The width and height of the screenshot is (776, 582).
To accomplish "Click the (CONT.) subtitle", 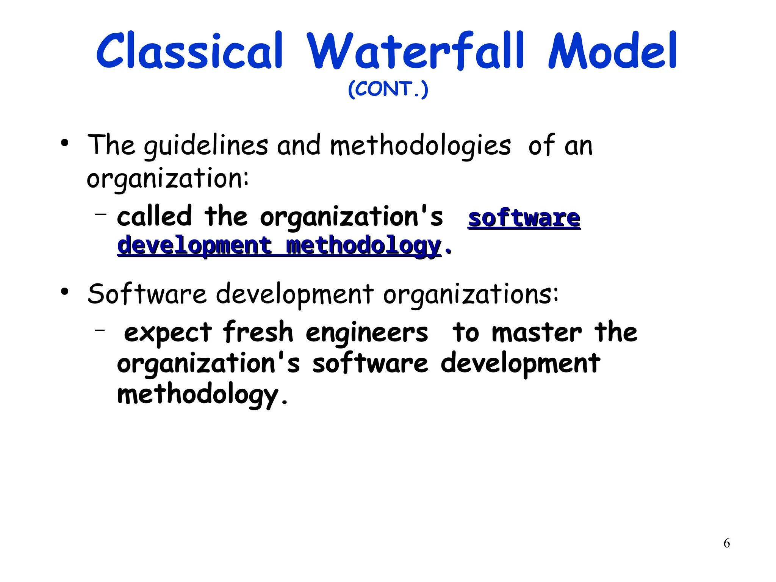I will pos(388,89).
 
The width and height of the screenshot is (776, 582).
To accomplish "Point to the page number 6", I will pos(726,543).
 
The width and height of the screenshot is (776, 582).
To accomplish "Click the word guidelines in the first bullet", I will pos(206,146).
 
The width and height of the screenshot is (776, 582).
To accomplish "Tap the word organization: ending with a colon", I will pos(168,179).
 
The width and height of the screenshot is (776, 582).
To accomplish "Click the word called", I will pos(154,217).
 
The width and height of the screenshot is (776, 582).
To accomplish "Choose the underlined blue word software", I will pos(524,219).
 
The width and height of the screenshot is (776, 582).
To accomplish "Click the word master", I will pos(536,333).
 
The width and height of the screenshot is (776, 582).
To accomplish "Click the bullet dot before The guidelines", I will pos(65,143).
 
